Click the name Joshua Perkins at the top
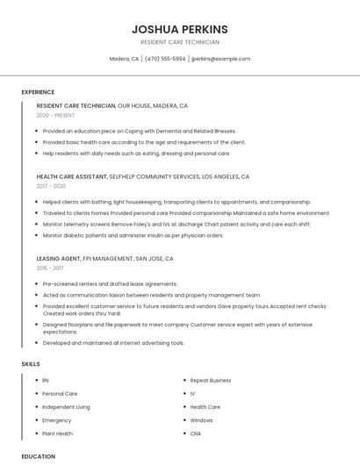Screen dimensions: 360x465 coord(180,29)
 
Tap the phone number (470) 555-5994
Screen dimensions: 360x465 coord(165,59)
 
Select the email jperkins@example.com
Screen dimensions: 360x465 coord(221,59)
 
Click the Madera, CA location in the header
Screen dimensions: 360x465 coord(124,59)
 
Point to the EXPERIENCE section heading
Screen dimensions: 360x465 coord(38,92)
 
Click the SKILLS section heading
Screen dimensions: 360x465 coord(30,363)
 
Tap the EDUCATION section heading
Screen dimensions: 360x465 coord(38,456)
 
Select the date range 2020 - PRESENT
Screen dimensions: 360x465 coord(55,115)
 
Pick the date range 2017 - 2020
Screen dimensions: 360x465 coord(51,186)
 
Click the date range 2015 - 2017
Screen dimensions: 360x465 coord(51,268)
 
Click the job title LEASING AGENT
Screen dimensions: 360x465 coord(58,259)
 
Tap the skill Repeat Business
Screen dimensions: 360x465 coord(211,380)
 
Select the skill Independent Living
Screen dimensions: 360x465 coord(66,407)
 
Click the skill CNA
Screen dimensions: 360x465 coord(196,433)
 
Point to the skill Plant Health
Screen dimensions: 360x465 coord(58,433)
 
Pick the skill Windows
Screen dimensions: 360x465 coord(202,420)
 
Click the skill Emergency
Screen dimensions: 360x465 coord(57,420)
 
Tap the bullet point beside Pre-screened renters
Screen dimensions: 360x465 coord(37,284)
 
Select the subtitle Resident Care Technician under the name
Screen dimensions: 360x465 coord(180,42)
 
